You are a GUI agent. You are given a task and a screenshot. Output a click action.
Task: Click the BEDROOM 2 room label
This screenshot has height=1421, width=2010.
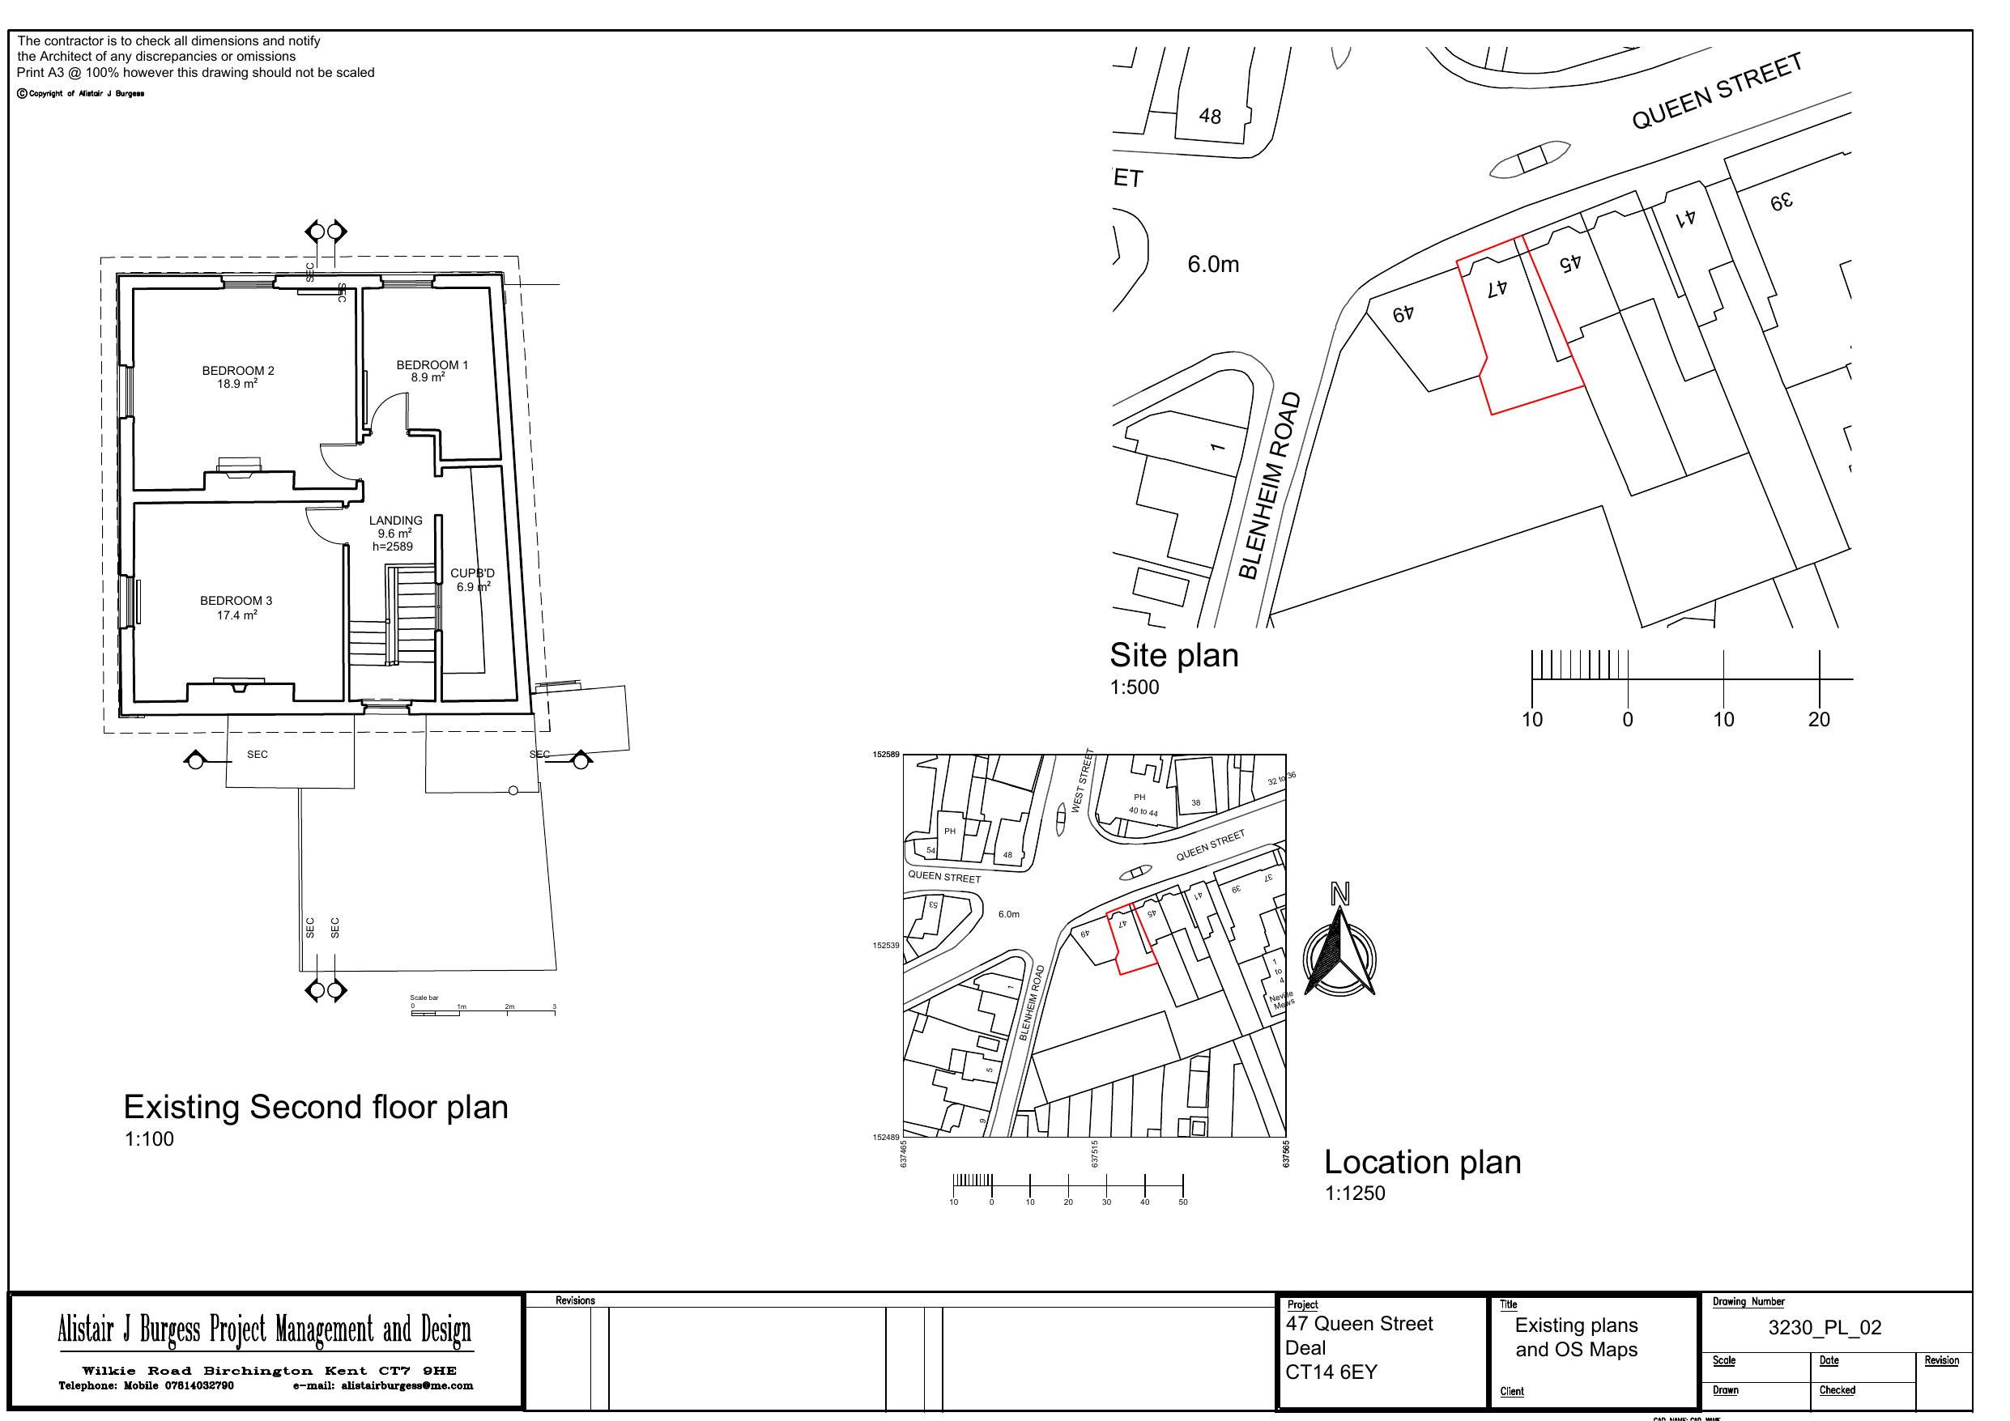tap(237, 370)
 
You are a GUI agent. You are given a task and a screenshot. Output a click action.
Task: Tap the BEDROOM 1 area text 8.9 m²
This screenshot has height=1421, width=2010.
tap(428, 377)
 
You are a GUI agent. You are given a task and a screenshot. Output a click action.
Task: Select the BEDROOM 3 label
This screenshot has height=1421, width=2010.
tap(236, 601)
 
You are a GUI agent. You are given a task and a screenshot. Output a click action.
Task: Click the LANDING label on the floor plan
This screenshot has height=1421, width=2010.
tap(395, 520)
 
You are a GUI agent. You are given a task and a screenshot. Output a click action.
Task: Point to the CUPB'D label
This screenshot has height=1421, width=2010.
tap(472, 573)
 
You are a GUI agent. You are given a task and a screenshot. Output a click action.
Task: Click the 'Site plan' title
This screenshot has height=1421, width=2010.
tap(1174, 655)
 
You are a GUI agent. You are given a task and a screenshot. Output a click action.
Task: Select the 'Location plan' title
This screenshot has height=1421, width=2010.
tap(1422, 1162)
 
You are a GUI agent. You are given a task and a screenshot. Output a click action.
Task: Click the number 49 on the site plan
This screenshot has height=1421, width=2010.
tap(1403, 313)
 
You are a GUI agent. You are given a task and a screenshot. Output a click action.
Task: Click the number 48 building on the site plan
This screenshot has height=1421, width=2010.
tap(1210, 117)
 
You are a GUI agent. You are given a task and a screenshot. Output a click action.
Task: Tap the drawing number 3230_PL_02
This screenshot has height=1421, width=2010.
tap(1825, 1327)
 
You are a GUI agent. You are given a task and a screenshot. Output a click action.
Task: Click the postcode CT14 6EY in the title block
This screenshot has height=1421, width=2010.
tap(1331, 1372)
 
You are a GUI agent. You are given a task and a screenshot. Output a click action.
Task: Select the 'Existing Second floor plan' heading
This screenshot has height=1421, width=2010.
tap(315, 1107)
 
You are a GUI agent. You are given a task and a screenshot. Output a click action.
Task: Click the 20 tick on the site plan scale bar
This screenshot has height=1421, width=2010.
tap(1819, 718)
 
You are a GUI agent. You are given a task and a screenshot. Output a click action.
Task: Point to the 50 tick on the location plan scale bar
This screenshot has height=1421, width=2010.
tap(1182, 1202)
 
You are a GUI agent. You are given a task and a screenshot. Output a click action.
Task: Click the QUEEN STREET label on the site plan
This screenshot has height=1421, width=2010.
tap(1717, 91)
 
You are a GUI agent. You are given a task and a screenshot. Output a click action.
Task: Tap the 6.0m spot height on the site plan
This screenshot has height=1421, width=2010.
tap(1212, 265)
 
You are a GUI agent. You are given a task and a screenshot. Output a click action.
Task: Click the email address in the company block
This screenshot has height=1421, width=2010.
tap(383, 1386)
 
